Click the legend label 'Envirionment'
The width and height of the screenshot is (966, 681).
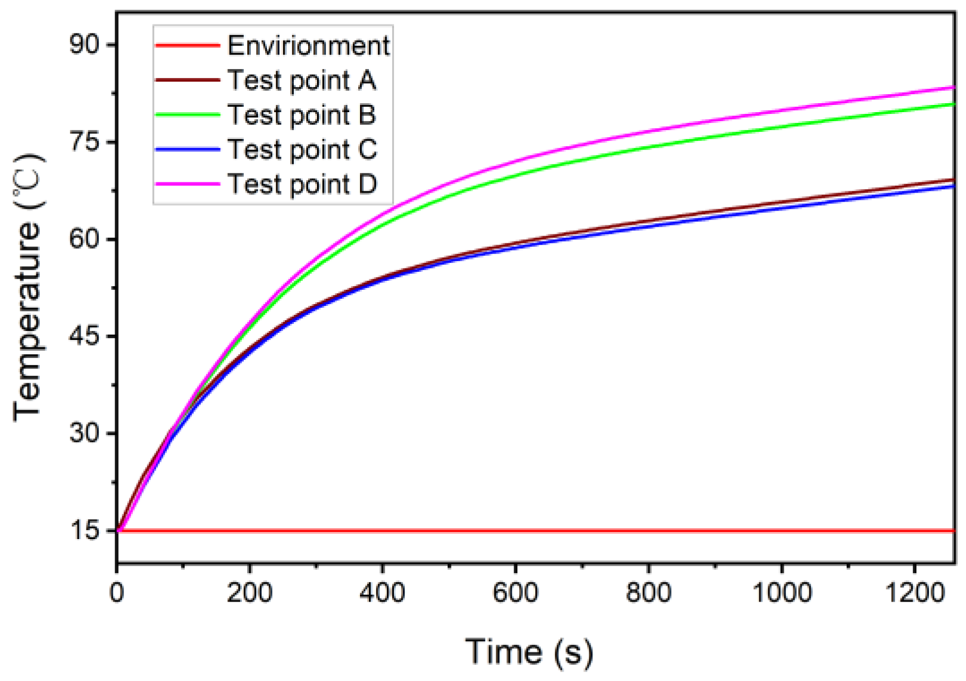click(308, 46)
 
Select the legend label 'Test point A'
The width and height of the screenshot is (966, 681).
click(302, 81)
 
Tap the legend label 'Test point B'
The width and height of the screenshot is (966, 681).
click(302, 115)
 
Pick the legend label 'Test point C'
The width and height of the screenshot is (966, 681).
click(302, 150)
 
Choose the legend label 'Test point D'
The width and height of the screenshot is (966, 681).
click(302, 184)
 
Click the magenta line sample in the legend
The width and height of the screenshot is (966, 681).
click(187, 184)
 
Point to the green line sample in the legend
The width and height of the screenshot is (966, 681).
click(187, 115)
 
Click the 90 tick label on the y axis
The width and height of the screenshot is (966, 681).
click(85, 45)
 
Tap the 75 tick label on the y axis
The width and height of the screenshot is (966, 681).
click(85, 142)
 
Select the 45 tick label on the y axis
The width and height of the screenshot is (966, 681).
click(85, 336)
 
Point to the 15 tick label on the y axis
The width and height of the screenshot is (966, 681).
click(85, 530)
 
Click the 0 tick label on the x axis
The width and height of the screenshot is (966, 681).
click(117, 593)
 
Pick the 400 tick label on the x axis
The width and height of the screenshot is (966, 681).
click(382, 593)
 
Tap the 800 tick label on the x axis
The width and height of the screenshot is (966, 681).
click(648, 593)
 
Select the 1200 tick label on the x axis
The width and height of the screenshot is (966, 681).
click(914, 593)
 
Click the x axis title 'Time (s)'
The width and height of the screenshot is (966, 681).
click(529, 651)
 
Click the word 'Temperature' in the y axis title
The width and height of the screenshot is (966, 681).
click(27, 322)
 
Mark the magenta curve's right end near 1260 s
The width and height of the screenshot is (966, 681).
click(952, 88)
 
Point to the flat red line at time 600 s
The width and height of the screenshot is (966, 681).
click(515, 530)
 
